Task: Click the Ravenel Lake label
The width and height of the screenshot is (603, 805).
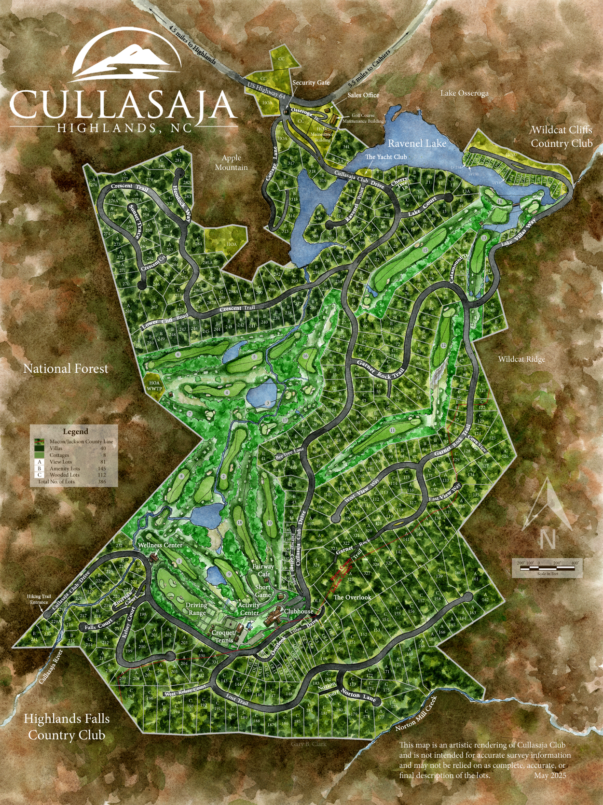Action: coord(417,143)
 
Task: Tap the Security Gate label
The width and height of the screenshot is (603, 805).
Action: coord(311,83)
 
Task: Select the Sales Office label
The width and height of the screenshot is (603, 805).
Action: coord(363,95)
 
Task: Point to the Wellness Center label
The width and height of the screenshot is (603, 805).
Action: coord(160,545)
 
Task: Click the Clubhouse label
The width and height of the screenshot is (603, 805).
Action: coord(299,611)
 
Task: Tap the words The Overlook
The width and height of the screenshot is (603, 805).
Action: coord(352,597)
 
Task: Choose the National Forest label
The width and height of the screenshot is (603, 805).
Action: coord(66,369)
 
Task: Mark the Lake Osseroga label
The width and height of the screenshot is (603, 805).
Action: coord(464,93)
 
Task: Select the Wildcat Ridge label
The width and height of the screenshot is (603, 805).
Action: coord(521,359)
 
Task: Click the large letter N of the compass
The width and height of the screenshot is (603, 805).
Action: coord(548,539)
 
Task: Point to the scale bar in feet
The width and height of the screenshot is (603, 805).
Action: coord(548,568)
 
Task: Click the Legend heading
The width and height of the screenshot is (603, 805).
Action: coord(75,432)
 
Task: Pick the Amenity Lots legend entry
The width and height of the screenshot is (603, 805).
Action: coord(65,468)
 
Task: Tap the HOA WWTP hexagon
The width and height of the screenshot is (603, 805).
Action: coord(154,385)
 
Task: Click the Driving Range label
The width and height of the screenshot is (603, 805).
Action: coord(196,608)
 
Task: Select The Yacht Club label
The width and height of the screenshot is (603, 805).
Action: coord(385,157)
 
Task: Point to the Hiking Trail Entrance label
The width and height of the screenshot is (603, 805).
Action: coord(39,599)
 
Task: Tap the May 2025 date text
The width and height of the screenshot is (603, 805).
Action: coord(550,776)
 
